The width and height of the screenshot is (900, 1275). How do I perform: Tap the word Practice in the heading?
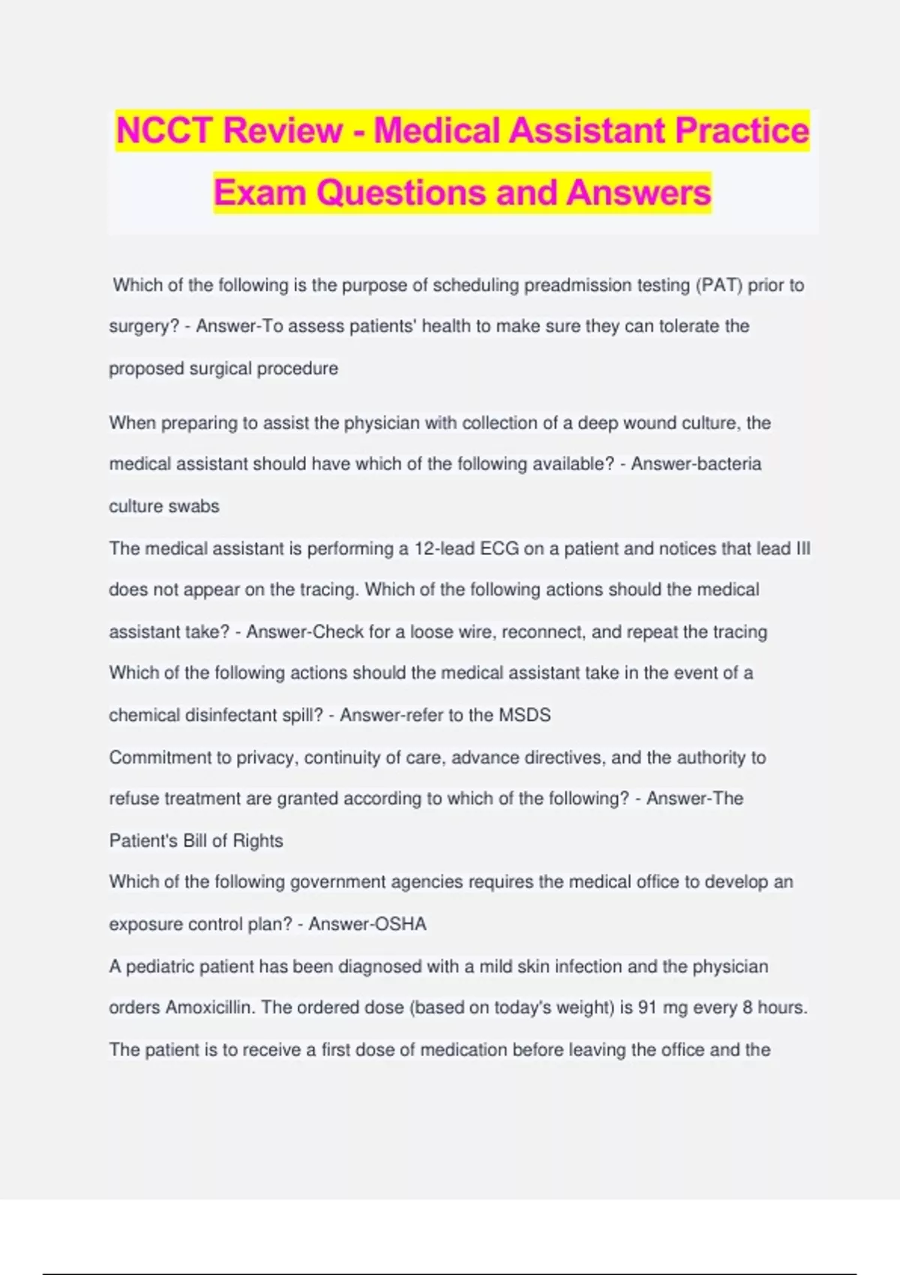742,130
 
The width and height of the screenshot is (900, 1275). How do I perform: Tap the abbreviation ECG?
499,548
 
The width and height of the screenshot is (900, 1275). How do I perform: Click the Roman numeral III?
802,548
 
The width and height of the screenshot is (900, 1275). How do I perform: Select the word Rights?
258,841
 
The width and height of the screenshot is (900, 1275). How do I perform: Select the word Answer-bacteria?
696,464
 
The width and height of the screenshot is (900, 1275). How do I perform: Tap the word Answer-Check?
304,631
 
